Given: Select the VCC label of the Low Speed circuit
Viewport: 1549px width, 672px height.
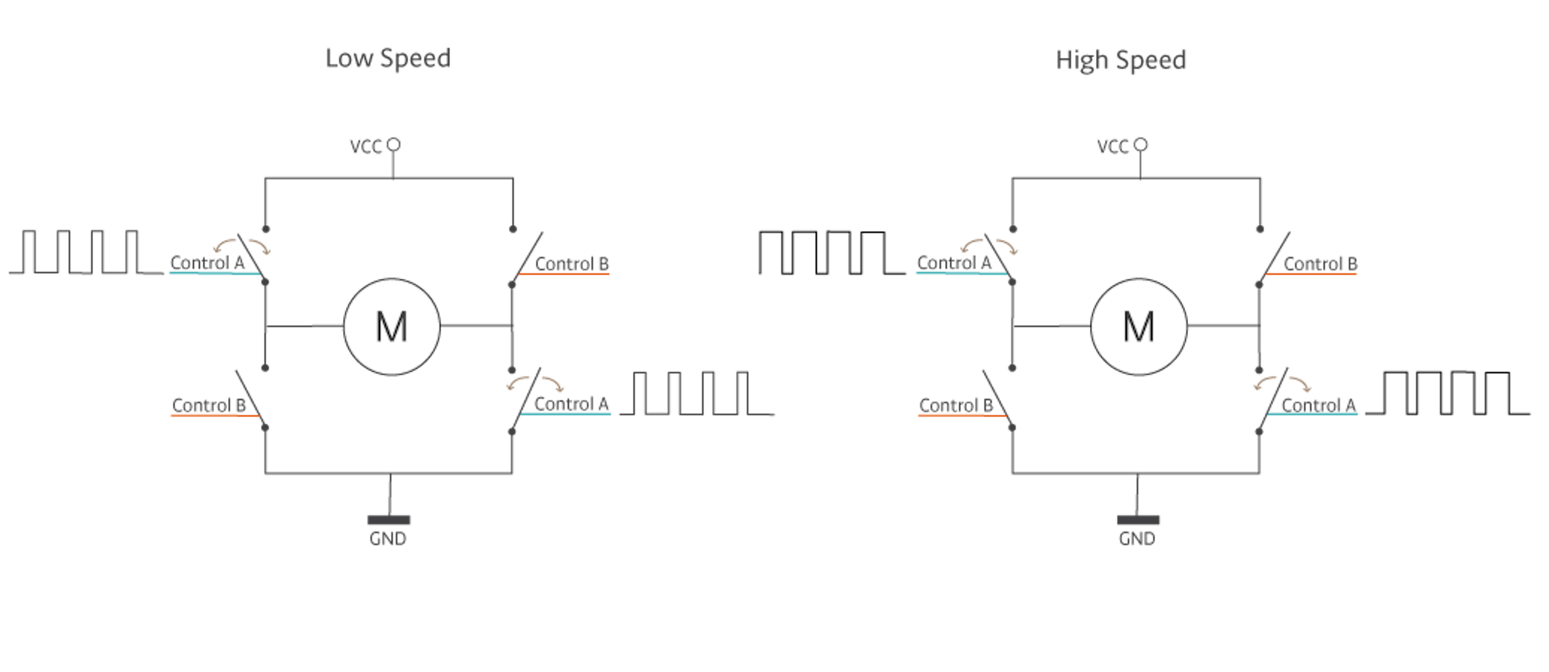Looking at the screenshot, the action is tap(366, 147).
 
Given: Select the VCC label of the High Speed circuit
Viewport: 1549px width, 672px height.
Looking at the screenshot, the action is tap(1112, 147).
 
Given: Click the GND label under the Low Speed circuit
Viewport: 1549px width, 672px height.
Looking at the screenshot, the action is tap(388, 539).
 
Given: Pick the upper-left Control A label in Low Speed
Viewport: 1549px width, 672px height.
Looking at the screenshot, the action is tap(208, 263).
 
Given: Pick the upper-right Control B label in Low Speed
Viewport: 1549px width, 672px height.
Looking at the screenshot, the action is tap(572, 264).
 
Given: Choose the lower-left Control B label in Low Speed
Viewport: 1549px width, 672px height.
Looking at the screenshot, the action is tap(209, 405).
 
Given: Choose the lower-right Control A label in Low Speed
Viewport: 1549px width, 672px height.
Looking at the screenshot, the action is tap(571, 404).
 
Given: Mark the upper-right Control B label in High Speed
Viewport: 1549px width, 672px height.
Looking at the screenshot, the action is tap(1321, 264).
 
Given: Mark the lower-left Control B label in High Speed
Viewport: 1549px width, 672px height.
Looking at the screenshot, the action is tap(956, 405).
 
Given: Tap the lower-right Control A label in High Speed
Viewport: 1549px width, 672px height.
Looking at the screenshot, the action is tap(1319, 405).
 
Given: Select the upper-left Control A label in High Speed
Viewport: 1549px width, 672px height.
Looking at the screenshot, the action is tap(954, 263).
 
